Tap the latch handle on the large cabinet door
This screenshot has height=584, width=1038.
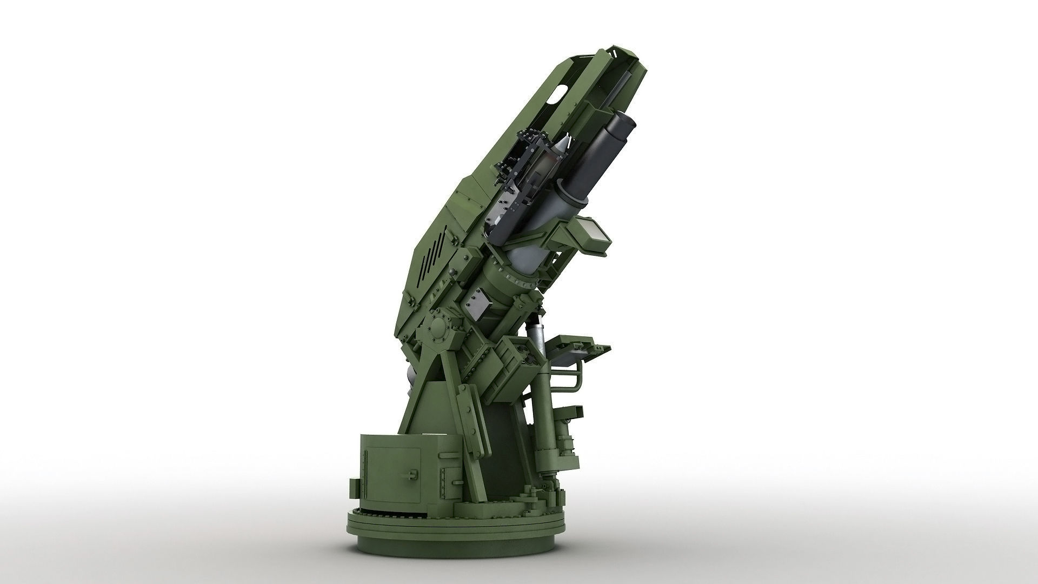click(x=412, y=475)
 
